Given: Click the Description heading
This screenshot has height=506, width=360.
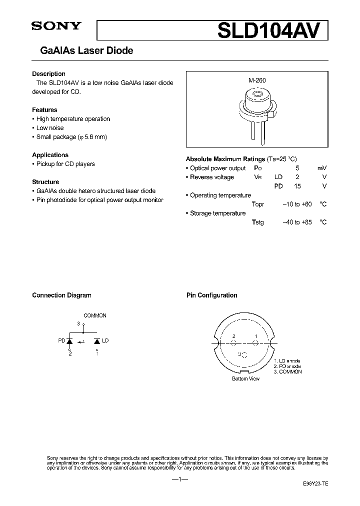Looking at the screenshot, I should (48, 73).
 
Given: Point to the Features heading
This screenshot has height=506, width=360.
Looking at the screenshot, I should (44, 109).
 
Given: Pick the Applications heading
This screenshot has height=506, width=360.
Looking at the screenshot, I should (50, 155).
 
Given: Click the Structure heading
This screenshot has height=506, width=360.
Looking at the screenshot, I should (45, 182).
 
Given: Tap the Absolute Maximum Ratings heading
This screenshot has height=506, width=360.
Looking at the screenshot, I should (224, 158).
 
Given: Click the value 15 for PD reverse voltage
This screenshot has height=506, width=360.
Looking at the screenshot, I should (297, 186).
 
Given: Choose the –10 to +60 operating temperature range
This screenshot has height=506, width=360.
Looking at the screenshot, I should (297, 204).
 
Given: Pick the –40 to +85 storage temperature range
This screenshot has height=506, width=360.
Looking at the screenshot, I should (297, 222).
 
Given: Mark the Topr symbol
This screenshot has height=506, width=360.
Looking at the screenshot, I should (258, 204).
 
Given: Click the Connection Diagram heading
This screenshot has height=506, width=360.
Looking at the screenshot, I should (61, 295).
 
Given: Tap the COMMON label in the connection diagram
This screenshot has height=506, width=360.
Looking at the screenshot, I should (95, 315).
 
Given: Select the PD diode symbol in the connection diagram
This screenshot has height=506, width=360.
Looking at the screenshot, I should (70, 341).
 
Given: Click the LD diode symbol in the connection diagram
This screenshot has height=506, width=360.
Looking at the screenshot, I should (96, 341).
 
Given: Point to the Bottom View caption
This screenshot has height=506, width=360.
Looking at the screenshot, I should (245, 378).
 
